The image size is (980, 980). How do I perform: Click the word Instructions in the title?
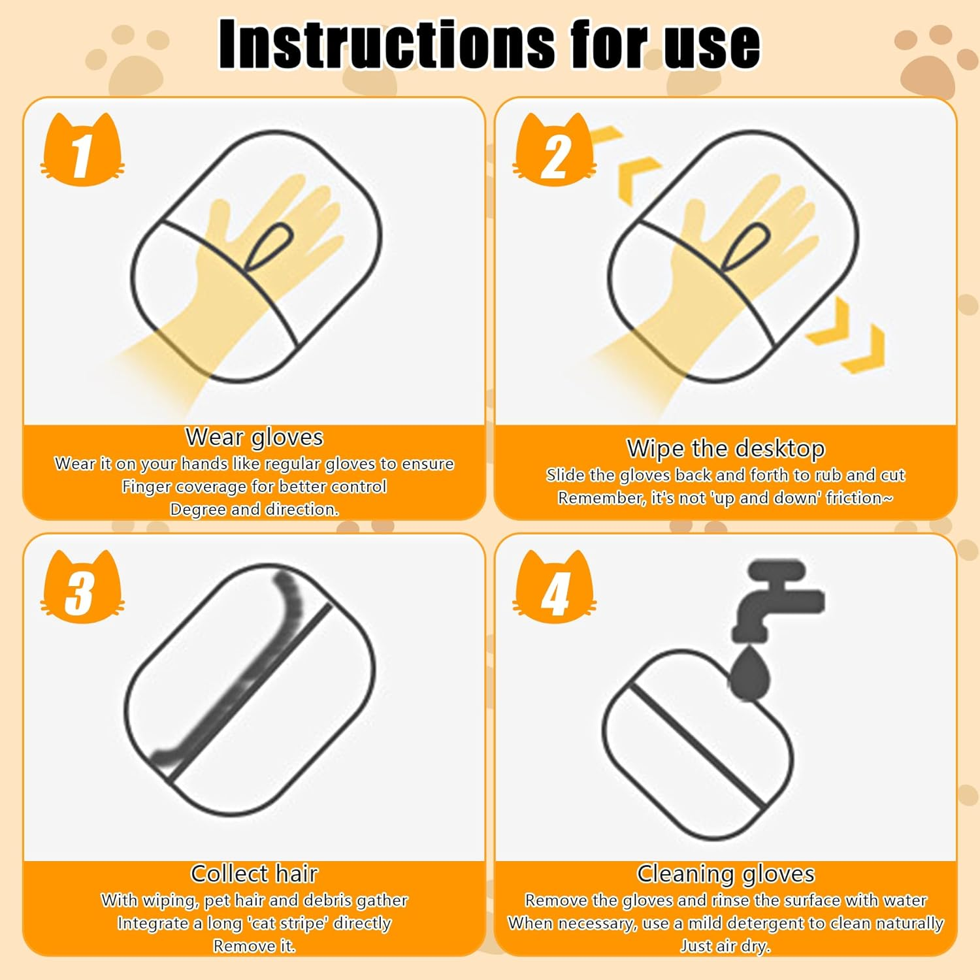[386, 44]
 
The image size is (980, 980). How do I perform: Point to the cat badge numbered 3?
[82, 589]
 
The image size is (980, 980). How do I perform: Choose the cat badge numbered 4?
[555, 589]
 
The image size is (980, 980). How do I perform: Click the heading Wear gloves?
[254, 437]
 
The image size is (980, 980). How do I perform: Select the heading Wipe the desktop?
[725, 449]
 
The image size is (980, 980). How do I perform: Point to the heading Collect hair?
[254, 874]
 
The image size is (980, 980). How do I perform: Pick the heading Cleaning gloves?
[725, 874]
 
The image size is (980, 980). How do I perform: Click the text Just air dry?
[725, 945]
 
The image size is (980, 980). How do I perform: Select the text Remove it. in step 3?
[254, 945]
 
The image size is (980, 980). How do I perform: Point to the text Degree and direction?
[254, 510]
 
